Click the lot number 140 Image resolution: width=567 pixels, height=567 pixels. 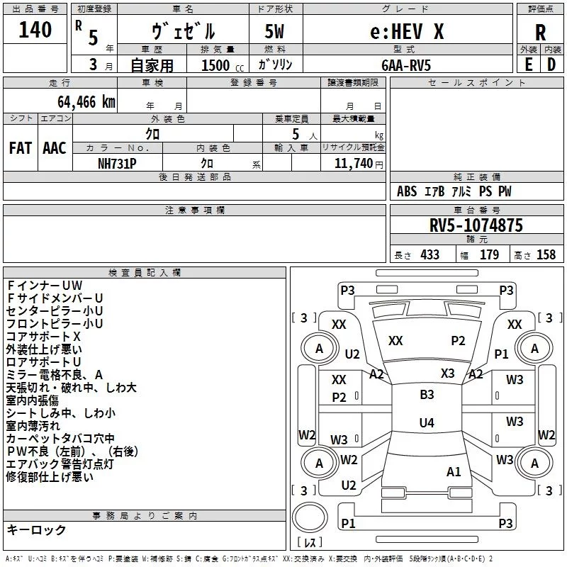tap(35, 30)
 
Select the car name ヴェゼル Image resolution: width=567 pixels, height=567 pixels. tap(184, 31)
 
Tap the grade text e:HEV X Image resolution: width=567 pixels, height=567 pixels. tap(407, 31)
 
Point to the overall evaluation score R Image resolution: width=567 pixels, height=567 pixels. tap(540, 33)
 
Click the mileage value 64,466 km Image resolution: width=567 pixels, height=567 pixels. tap(86, 102)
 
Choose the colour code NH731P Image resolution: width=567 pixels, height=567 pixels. tap(117, 164)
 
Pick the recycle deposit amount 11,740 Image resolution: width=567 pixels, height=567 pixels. tap(353, 163)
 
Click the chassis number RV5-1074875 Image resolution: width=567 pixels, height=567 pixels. tap(476, 225)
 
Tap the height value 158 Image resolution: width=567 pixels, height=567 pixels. tap(546, 254)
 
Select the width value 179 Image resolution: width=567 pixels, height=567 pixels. tap(489, 254)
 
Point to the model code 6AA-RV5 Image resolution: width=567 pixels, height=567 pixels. tap(406, 65)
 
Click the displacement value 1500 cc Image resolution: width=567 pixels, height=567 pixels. tap(223, 65)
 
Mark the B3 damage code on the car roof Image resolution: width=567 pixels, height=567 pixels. tap(427, 395)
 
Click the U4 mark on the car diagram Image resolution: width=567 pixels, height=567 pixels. tap(427, 422)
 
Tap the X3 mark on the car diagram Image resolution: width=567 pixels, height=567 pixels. tap(447, 374)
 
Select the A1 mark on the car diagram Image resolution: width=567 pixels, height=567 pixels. tap(454, 472)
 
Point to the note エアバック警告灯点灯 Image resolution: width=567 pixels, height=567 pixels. tap(60, 464)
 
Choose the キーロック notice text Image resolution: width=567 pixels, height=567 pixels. tap(36, 529)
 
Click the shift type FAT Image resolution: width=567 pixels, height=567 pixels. tap(21, 148)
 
